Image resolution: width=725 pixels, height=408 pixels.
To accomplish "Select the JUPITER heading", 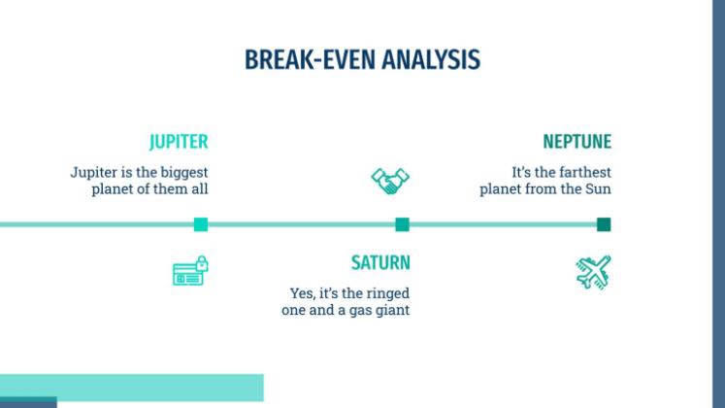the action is [x=179, y=142].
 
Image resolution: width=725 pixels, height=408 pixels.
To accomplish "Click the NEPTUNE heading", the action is [x=577, y=142].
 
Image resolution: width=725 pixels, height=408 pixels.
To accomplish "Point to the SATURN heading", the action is [x=380, y=262].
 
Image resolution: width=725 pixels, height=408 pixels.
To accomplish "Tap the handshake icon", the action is [x=390, y=181].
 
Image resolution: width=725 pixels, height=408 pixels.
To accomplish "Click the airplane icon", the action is [x=594, y=272].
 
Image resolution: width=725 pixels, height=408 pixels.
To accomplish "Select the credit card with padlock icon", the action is [x=190, y=271].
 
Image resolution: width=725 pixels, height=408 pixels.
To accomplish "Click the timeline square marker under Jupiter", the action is [x=201, y=224].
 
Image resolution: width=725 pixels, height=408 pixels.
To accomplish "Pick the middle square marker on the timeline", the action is [x=402, y=224].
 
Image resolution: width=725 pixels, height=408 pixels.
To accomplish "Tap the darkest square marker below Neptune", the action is [x=604, y=224].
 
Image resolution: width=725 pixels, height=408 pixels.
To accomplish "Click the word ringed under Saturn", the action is [x=387, y=293].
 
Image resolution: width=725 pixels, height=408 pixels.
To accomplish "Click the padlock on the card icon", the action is [x=202, y=263].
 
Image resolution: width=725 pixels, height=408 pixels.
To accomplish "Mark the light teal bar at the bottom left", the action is [x=132, y=388].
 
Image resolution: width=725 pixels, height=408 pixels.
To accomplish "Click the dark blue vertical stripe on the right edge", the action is [x=719, y=204].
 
